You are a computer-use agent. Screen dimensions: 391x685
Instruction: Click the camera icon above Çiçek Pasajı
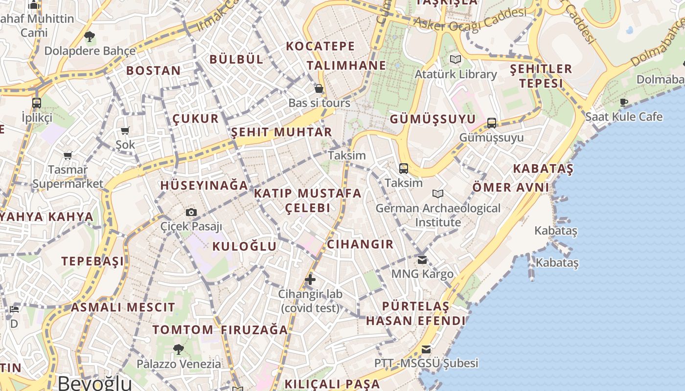(x=191, y=212)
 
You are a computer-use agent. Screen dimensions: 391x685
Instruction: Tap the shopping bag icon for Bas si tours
(x=319, y=88)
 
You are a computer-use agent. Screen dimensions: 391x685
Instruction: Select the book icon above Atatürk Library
(x=456, y=60)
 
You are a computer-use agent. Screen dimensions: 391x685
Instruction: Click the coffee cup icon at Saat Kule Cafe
(x=624, y=102)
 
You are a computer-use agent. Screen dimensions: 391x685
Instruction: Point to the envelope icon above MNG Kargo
(x=422, y=260)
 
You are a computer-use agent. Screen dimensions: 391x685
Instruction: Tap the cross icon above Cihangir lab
(x=310, y=280)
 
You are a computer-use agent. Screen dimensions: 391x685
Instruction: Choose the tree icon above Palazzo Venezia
(x=179, y=349)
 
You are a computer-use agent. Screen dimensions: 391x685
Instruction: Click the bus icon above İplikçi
(x=37, y=103)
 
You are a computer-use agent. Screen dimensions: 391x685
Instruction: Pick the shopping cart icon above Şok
(x=125, y=130)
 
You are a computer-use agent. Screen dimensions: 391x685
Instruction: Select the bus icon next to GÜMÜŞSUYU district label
(x=492, y=123)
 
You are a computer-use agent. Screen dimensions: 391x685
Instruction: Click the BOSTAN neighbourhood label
(x=154, y=70)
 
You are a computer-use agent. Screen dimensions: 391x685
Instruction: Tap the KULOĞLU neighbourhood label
(x=244, y=246)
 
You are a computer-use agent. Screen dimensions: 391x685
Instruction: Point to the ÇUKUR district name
(x=195, y=119)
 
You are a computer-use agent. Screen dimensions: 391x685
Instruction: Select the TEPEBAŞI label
(x=92, y=261)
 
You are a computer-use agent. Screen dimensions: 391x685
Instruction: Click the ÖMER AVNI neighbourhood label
(x=511, y=187)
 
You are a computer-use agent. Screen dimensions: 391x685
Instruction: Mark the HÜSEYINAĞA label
(x=205, y=186)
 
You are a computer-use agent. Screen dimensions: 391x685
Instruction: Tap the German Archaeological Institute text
(x=438, y=215)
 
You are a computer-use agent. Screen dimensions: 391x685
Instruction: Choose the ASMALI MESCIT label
(x=123, y=307)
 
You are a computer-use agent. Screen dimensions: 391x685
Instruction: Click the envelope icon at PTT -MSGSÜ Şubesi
(x=426, y=349)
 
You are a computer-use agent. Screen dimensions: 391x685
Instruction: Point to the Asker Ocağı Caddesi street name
(x=470, y=18)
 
